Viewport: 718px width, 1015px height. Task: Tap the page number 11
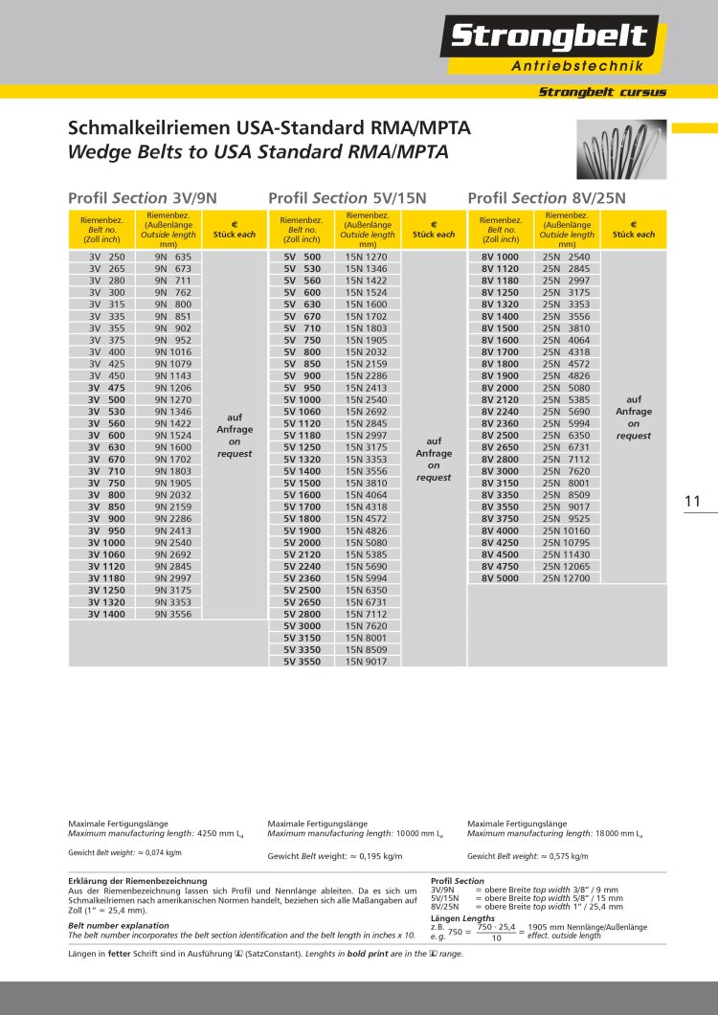tap(693, 501)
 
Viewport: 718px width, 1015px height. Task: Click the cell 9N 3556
tap(172, 614)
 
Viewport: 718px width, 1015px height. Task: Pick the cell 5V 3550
tap(302, 661)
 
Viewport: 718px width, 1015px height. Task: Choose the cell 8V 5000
tap(500, 578)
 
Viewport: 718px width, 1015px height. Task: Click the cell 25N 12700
tap(569, 578)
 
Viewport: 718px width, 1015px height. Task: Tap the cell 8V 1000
tap(500, 258)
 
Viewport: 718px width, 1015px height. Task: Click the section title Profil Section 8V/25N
tap(547, 198)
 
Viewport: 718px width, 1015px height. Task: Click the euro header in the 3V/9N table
tap(235, 229)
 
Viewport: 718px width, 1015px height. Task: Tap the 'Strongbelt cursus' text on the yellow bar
tap(602, 93)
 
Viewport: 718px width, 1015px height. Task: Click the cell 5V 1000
tap(302, 399)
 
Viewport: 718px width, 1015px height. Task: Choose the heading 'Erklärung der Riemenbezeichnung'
tap(138, 880)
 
